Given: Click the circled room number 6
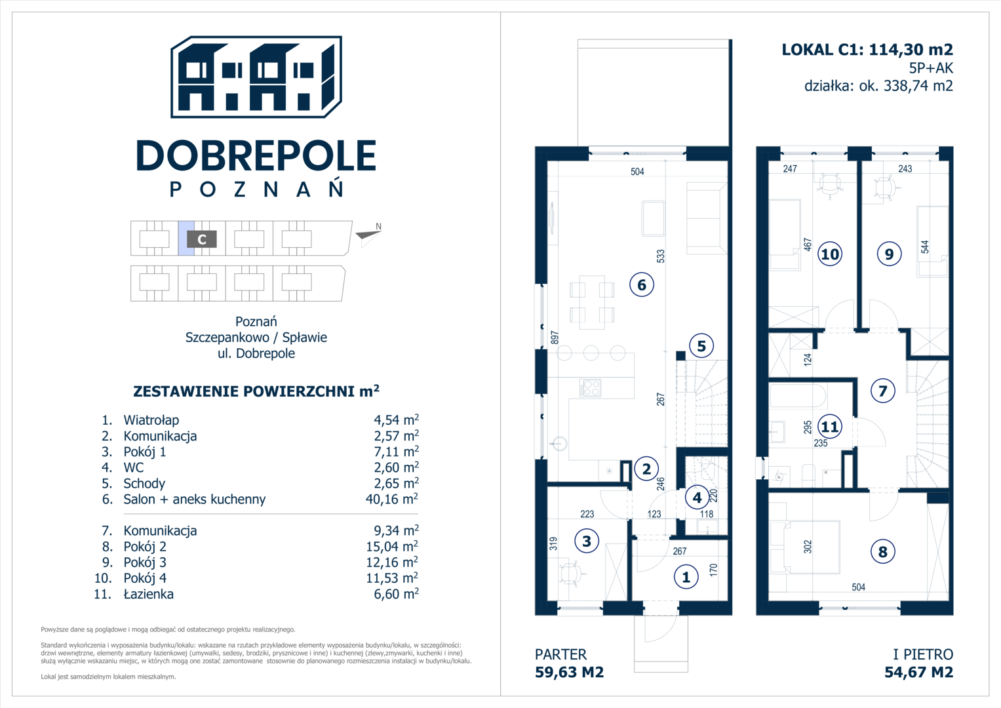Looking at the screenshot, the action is point(642,285).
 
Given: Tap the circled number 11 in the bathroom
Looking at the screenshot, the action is point(830,426).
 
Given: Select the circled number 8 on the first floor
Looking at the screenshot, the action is point(882,551).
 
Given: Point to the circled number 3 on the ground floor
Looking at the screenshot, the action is point(587,541).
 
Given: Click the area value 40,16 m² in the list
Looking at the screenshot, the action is point(392,499).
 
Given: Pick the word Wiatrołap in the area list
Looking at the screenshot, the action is point(151,420).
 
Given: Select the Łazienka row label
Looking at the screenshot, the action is point(148,593).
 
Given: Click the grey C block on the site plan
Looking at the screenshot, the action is point(201,239).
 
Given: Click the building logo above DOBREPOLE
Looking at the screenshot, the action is point(256,77).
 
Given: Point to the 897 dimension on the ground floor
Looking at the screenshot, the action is point(555,338).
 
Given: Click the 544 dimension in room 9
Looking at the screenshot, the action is point(924,247).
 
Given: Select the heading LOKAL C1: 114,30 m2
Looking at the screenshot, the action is point(867,50).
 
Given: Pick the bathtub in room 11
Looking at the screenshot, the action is point(798,395).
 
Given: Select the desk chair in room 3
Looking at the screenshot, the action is point(570,572).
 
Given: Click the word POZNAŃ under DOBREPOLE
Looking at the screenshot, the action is point(256,189).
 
